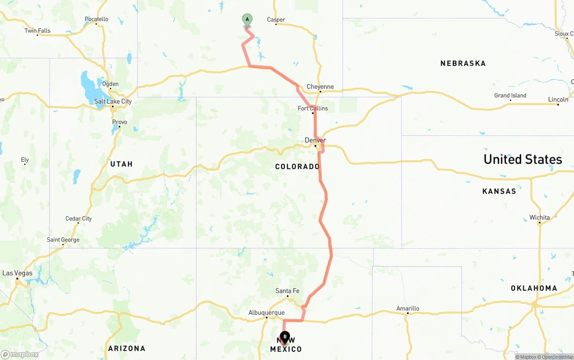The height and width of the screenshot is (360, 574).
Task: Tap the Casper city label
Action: click(276, 20)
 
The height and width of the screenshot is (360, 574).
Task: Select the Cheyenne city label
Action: click(320, 87)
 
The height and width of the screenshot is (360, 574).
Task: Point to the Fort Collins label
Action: click(313, 108)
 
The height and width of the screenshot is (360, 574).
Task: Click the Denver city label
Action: click(315, 140)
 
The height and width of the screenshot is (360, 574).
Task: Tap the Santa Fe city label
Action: click(287, 291)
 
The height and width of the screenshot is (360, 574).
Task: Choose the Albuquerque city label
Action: click(266, 313)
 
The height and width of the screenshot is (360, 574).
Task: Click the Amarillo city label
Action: click(408, 308)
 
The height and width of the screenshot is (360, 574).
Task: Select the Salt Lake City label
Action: click(113, 102)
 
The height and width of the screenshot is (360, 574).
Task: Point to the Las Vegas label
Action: click(17, 273)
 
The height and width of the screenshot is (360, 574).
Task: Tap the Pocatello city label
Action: click(96, 19)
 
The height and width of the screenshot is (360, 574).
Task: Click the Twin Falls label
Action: click(37, 31)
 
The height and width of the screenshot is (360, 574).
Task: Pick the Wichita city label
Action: click(539, 218)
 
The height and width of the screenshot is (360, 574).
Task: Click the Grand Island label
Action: click(510, 95)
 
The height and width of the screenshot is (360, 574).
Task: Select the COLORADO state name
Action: click(297, 167)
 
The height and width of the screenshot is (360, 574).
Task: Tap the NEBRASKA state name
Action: click(463, 64)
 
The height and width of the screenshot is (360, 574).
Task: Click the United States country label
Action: click(522, 160)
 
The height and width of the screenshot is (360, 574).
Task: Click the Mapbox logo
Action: click(20, 354)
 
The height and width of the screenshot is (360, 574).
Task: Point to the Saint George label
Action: click(63, 240)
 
